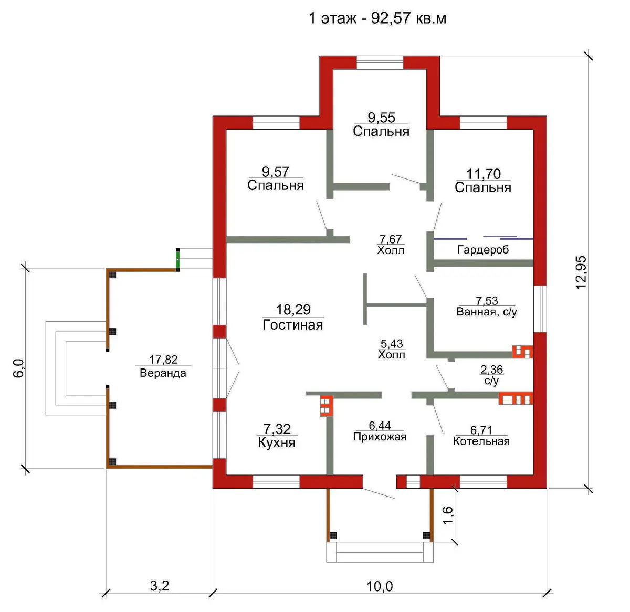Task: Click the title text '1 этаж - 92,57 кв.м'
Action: tap(377, 18)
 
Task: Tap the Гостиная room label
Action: tap(292, 325)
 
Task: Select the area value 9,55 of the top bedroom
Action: tap(381, 118)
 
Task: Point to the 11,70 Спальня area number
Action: tap(484, 174)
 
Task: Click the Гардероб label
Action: tap(483, 250)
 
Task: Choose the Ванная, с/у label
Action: tap(487, 312)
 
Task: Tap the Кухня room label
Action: tap(277, 443)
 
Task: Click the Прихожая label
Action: tap(380, 437)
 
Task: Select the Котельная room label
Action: tap(481, 441)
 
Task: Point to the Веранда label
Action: tap(163, 373)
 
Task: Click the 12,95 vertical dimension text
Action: tap(581, 272)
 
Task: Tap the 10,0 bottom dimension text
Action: tap(380, 586)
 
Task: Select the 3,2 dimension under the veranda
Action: tap(159, 585)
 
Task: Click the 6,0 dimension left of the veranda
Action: tap(19, 368)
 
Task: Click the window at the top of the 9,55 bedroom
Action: tap(380, 62)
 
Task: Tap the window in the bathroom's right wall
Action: tap(540, 309)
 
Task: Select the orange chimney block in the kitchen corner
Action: tap(327, 406)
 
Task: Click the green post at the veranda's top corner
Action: tap(178, 260)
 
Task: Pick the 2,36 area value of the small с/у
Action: tap(491, 370)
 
